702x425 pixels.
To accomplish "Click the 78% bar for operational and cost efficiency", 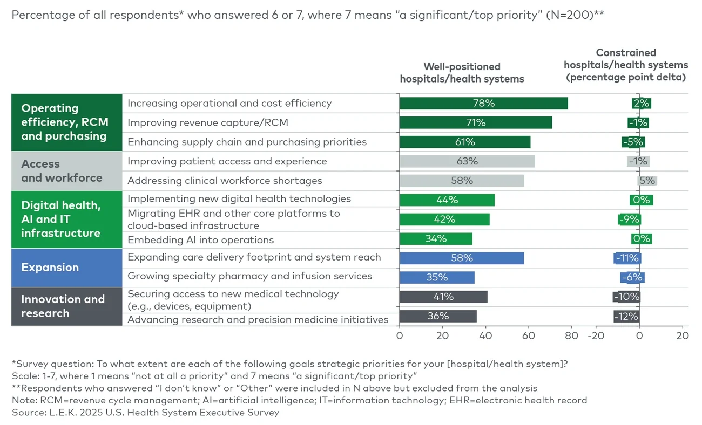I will click(483, 103).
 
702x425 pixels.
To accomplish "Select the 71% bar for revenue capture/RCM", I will click(475, 122).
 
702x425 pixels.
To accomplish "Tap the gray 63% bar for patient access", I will click(467, 161).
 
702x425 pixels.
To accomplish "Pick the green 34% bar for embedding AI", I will click(435, 238).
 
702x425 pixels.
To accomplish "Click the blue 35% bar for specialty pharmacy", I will click(436, 277).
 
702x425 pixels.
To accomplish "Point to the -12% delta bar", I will click(626, 316).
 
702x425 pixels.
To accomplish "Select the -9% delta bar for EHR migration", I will click(629, 220).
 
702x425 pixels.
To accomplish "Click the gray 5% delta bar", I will click(647, 181).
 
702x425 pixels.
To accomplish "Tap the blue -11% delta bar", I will click(627, 258).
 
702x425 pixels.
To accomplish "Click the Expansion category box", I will click(66, 268).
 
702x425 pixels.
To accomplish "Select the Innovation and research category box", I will click(66, 306).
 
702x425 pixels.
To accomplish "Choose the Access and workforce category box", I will click(66, 171).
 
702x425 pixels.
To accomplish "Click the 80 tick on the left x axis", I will click(571, 335).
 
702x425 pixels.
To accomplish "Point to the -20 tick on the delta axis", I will click(596, 335).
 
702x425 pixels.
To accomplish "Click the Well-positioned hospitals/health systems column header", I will click(462, 73).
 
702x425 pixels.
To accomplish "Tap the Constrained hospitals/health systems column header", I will click(626, 65).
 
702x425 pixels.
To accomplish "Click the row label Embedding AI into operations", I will click(200, 240).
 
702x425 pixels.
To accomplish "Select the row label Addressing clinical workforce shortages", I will click(225, 181).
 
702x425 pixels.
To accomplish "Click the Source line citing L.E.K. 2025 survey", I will click(146, 413).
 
